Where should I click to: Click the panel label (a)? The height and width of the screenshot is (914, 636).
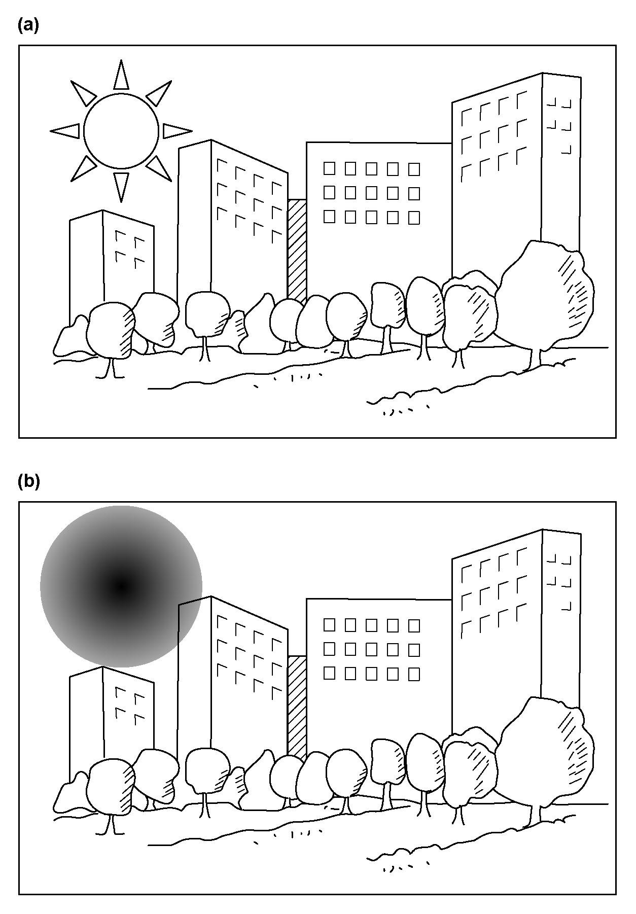coord(28,25)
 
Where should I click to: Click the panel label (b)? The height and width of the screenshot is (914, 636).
coord(28,481)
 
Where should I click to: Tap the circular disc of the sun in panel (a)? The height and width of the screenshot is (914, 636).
coord(121,131)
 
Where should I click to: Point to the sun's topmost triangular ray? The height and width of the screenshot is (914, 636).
coord(121,75)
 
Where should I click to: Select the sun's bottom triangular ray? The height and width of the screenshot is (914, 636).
coord(121,187)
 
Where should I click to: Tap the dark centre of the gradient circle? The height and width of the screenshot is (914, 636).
coord(121,587)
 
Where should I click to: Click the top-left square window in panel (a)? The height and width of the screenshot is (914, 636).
coord(329,168)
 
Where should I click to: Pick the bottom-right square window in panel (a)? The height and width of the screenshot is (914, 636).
coord(414,218)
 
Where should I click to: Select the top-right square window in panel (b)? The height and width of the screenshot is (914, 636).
coord(414,625)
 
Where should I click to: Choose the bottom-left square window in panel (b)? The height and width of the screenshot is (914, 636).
coord(329,673)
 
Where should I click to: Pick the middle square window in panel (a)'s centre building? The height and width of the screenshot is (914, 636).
coord(372,193)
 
